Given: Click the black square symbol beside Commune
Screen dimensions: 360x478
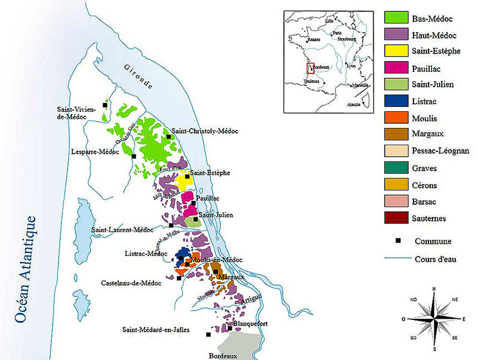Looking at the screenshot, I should click(397, 242).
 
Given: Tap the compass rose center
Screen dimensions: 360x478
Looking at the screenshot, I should click(434, 319).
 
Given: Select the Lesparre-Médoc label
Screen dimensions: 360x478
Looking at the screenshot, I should click(99, 151).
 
